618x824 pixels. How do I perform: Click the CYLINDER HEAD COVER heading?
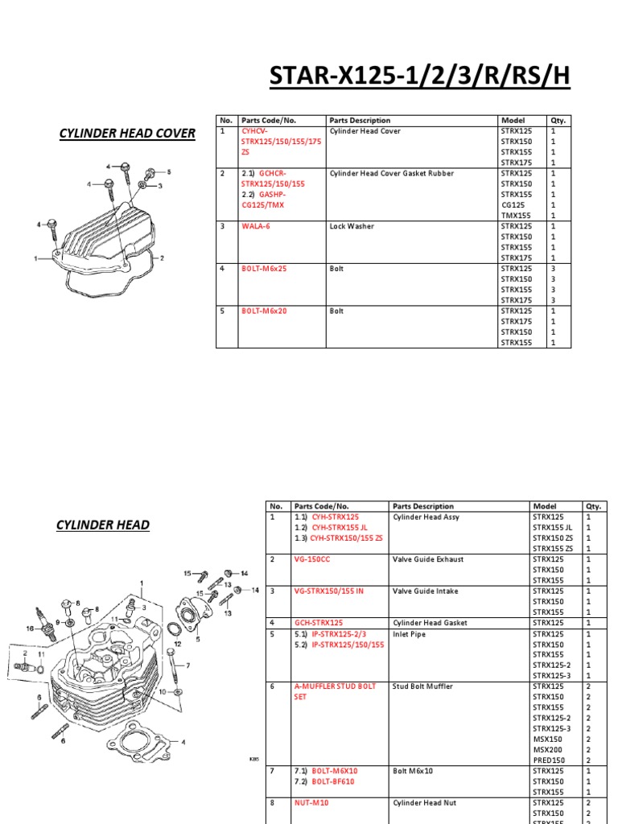coord(127,133)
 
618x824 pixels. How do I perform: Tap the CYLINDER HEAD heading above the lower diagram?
coord(102,525)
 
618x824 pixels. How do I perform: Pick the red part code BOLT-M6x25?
coord(264,269)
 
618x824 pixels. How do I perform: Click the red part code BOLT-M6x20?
coord(264,311)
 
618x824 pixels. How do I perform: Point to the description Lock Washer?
coord(352,227)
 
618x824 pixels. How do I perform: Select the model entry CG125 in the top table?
coord(512,205)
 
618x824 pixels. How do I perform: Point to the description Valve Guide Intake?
coord(425,591)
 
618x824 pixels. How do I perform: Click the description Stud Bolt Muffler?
coord(422,686)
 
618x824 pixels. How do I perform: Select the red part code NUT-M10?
coord(311,802)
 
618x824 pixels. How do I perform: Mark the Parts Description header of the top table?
coord(360,121)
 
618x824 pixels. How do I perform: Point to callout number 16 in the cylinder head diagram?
coord(30,628)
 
